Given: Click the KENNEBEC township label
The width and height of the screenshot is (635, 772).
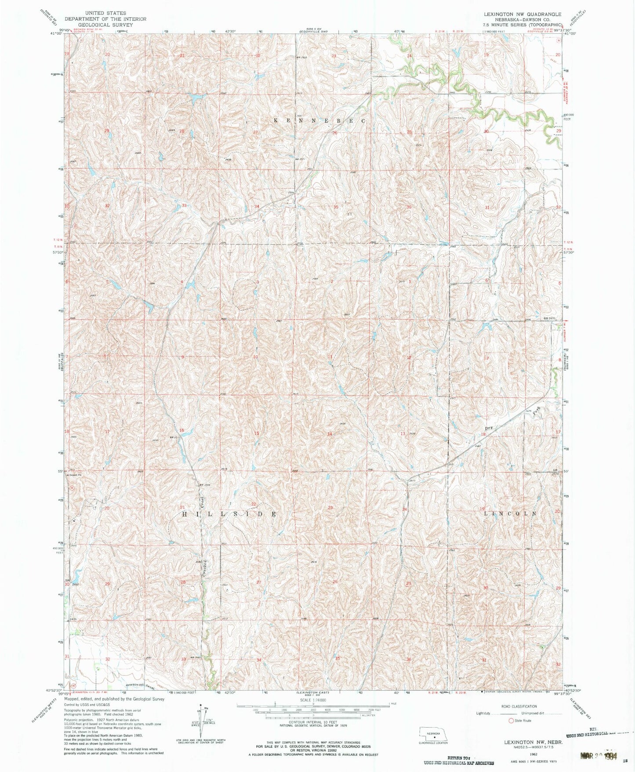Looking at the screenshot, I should click(319, 120).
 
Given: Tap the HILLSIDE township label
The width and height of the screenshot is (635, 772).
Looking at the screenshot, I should click(229, 514).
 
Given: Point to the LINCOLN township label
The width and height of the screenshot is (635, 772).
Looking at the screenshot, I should click(510, 513).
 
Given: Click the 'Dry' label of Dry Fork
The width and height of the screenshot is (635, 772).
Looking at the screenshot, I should click(489, 427).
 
